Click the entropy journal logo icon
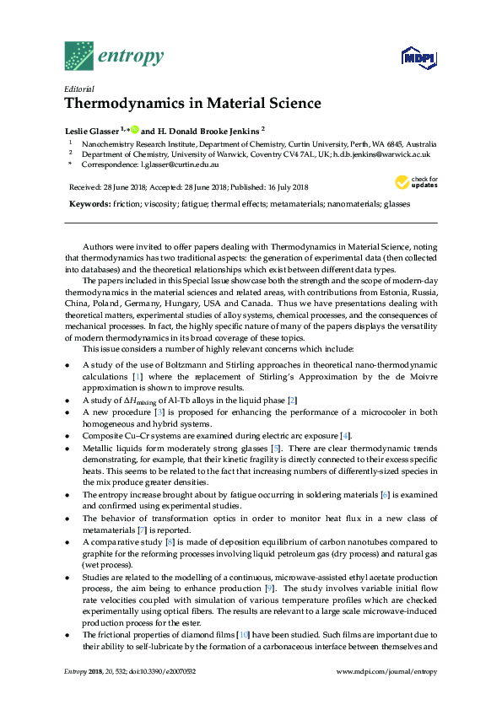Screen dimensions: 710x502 coord(78,56)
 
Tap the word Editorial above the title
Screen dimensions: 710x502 coord(78,89)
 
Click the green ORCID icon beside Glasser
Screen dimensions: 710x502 coord(134,130)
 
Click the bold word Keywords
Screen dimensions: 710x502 coord(87,205)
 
